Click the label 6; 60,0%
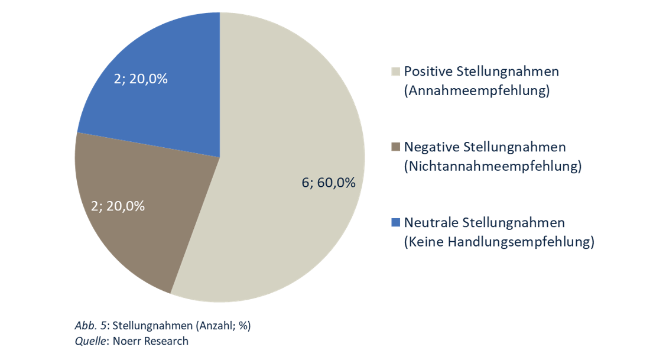(x=329, y=183)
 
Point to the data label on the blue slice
(x=141, y=78)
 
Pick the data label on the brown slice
(x=118, y=206)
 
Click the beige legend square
(x=396, y=72)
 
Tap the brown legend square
(x=396, y=147)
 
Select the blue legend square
(x=396, y=223)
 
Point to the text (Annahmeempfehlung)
(x=477, y=91)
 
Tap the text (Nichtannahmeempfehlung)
(x=493, y=167)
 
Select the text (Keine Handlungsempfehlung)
(x=499, y=242)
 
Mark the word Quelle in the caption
(x=90, y=340)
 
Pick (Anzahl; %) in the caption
(x=225, y=326)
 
